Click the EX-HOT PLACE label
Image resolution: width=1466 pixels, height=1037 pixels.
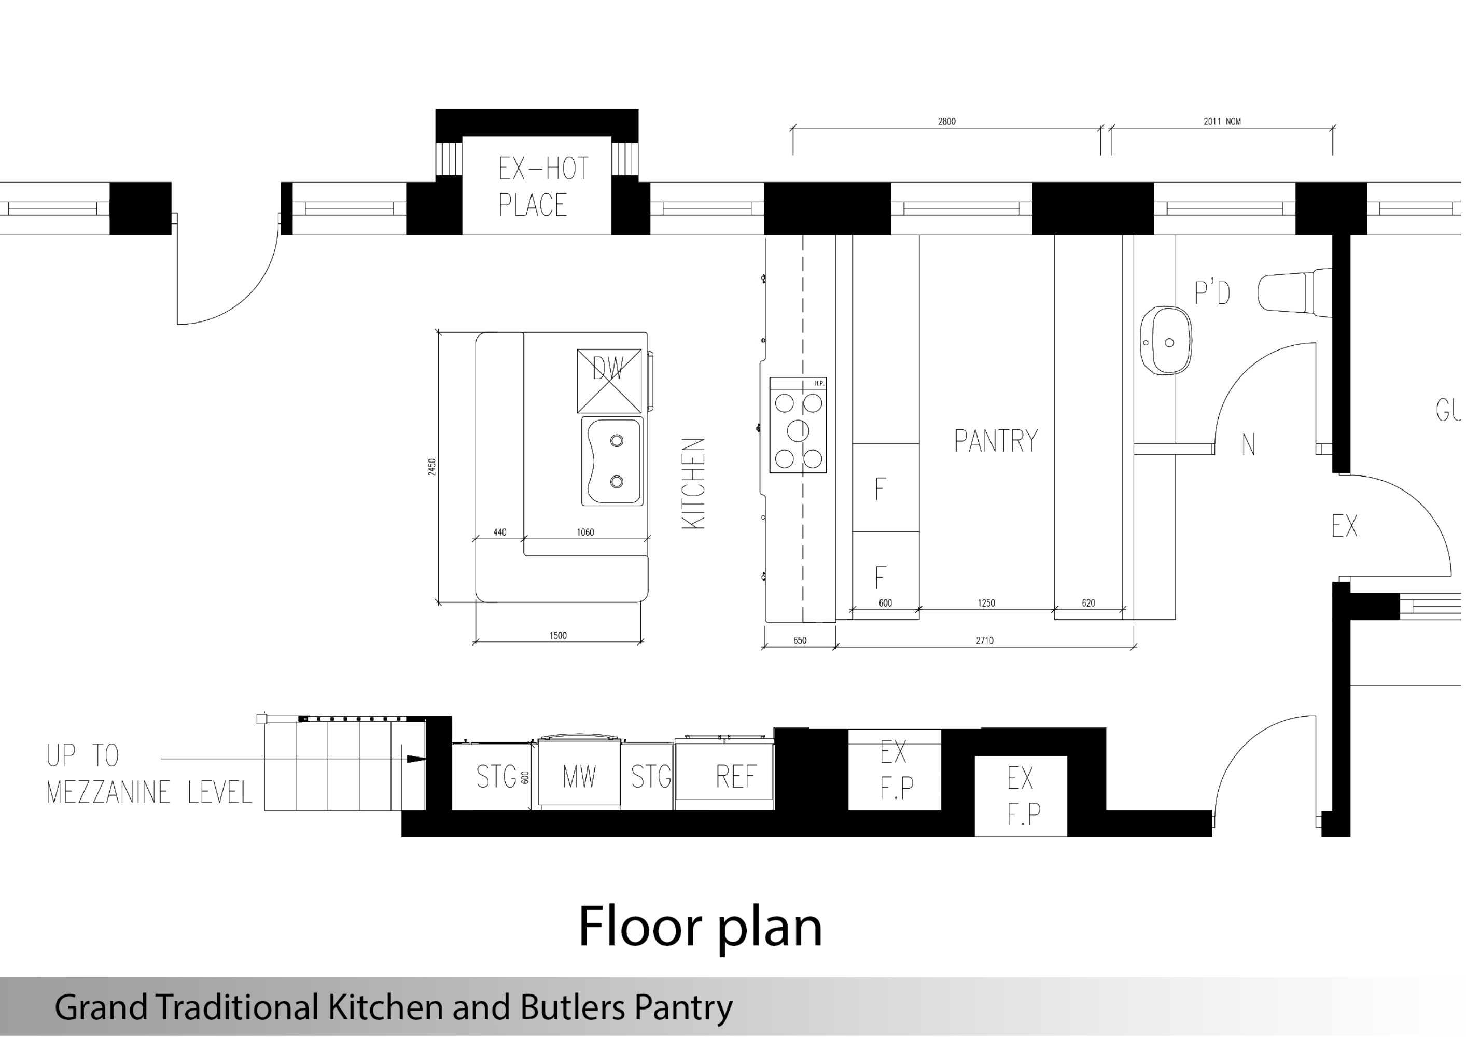pyautogui.click(x=543, y=187)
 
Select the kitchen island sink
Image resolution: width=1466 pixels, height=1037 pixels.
pyautogui.click(x=612, y=461)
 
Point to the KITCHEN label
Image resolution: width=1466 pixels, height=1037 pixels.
pyautogui.click(x=694, y=483)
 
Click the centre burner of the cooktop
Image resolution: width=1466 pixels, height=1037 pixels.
pyautogui.click(x=798, y=431)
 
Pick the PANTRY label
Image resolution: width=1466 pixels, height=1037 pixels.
pyautogui.click(x=996, y=441)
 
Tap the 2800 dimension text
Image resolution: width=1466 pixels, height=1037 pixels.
pyautogui.click(x=947, y=121)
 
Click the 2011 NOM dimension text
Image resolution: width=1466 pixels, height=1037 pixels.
pyautogui.click(x=1222, y=121)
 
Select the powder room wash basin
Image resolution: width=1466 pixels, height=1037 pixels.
pyautogui.click(x=1166, y=340)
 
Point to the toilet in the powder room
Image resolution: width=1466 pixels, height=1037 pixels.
pyautogui.click(x=1295, y=292)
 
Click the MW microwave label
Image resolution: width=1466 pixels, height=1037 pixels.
pyautogui.click(x=579, y=777)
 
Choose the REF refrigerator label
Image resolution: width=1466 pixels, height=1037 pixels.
pyautogui.click(x=736, y=777)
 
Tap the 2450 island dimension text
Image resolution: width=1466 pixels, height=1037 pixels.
pyautogui.click(x=432, y=467)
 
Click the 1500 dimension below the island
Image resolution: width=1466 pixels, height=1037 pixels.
pyautogui.click(x=558, y=635)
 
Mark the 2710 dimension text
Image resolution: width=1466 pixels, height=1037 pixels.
pyautogui.click(x=985, y=640)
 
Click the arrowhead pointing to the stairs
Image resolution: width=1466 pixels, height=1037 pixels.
pyautogui.click(x=416, y=759)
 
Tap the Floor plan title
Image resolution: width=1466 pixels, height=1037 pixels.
pyautogui.click(x=700, y=927)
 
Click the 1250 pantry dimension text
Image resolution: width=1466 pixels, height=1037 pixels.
pyautogui.click(x=986, y=603)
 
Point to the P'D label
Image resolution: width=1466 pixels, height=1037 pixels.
pyautogui.click(x=1212, y=292)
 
